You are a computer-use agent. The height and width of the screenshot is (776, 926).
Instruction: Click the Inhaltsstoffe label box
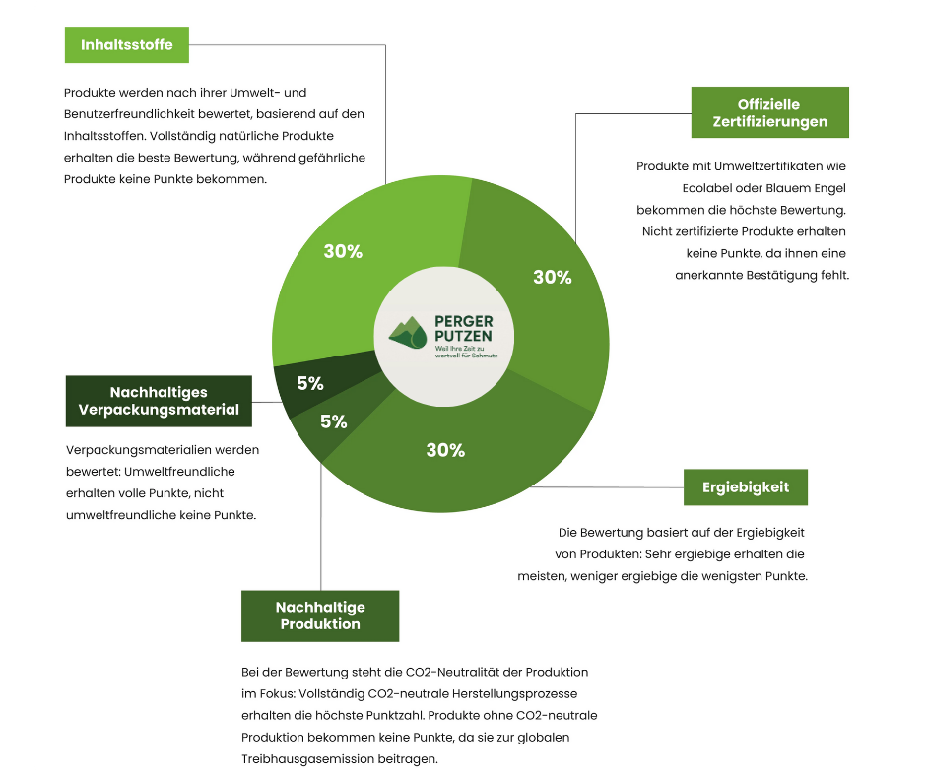tap(127, 45)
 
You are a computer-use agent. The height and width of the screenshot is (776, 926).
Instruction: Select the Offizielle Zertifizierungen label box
tap(770, 113)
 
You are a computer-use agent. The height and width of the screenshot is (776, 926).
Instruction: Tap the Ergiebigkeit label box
tap(746, 487)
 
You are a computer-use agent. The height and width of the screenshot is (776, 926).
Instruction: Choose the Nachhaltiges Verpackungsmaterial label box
tap(159, 401)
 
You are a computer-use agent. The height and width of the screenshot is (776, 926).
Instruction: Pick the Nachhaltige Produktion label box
tap(320, 615)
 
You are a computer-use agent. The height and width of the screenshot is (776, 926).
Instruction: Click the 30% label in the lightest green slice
tap(343, 251)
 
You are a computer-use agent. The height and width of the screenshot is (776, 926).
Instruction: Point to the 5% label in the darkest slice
tap(310, 383)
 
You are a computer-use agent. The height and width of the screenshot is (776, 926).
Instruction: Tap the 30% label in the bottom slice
tap(446, 450)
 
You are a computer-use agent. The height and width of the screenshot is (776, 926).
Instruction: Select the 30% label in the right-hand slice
tap(553, 277)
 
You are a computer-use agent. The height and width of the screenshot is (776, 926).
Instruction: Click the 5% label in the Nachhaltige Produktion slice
tap(334, 421)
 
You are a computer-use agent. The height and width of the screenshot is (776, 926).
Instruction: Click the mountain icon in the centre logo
tap(408, 333)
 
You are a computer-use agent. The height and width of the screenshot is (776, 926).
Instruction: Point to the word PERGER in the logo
tap(464, 321)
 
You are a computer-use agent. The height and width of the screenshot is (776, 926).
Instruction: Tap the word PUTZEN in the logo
tap(464, 336)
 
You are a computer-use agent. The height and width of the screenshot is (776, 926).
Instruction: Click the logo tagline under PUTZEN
tap(467, 352)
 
